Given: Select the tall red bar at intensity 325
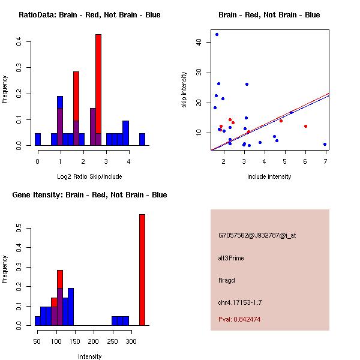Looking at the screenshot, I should pyautogui.click(x=142, y=270).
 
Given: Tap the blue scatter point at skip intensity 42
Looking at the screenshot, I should pyautogui.click(x=217, y=34).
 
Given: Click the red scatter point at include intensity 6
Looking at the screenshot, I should pyautogui.click(x=305, y=126).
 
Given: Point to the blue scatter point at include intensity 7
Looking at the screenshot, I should pyautogui.click(x=325, y=144).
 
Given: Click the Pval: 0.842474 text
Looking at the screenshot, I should pyautogui.click(x=239, y=319).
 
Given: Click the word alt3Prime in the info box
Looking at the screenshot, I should pyautogui.click(x=231, y=258).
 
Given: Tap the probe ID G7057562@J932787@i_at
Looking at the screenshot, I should pyautogui.click(x=257, y=235).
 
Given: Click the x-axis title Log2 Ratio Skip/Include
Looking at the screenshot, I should pyautogui.click(x=90, y=176).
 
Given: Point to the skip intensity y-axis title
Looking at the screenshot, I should pyautogui.click(x=184, y=89).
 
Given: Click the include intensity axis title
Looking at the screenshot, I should pyautogui.click(x=269, y=176).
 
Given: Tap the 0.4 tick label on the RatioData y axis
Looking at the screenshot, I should pyautogui.click(x=20, y=41).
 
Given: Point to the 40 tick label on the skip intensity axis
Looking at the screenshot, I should pyautogui.click(x=199, y=42).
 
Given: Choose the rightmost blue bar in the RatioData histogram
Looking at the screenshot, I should pyautogui.click(x=142, y=139).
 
